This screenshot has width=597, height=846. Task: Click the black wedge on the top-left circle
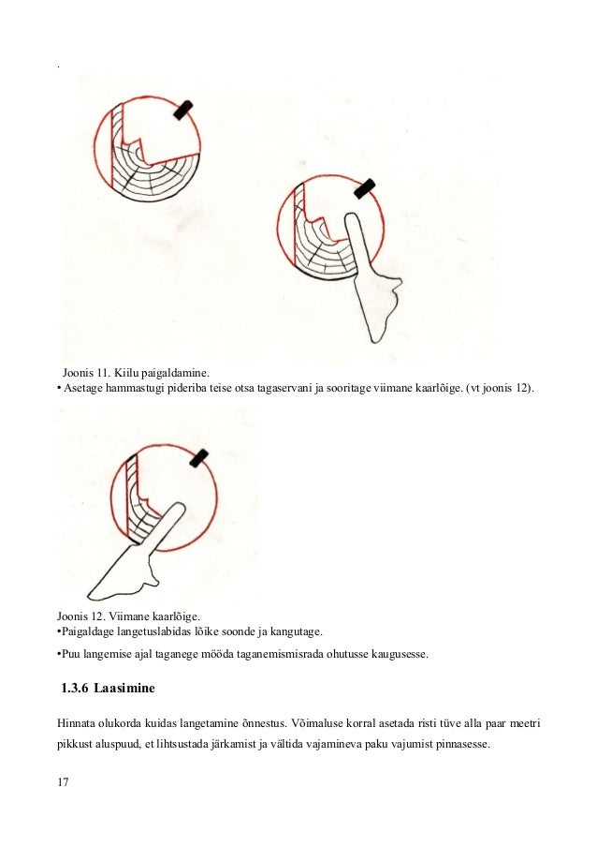[x=185, y=109]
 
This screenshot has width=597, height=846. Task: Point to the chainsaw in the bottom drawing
[x=140, y=562]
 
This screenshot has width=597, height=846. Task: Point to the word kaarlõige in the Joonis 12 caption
[x=175, y=616]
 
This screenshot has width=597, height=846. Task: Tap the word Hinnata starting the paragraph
[x=78, y=725]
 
